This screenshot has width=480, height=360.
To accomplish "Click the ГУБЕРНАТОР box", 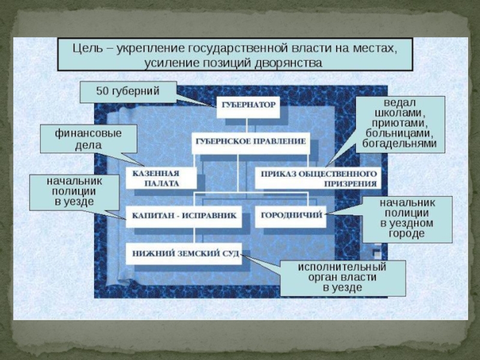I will click(x=248, y=105).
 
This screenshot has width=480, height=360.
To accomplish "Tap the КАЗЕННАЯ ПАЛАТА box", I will click(x=161, y=178).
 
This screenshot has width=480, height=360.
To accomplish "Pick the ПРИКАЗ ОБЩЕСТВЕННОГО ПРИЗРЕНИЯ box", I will click(x=319, y=178).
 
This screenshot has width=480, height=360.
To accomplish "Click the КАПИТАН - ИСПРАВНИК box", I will click(x=184, y=215).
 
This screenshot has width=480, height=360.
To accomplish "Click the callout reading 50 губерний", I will click(x=128, y=92).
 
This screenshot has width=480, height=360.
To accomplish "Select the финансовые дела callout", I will click(x=88, y=139).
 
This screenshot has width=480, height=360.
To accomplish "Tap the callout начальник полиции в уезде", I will click(x=74, y=191).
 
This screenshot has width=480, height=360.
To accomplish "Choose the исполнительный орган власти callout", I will click(x=343, y=277).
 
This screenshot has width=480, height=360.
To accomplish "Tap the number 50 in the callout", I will click(x=103, y=92).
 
